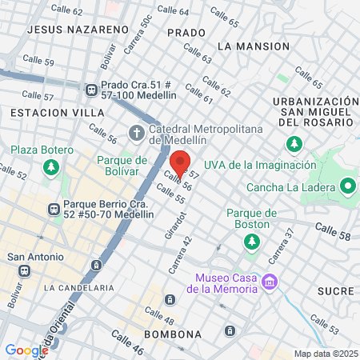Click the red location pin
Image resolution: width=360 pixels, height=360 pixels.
[x=180, y=163]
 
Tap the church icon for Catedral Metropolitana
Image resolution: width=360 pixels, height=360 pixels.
[x=137, y=131]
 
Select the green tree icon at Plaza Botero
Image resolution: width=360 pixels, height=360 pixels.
[x=52, y=166]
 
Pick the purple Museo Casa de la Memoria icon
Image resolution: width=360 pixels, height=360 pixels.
[x=271, y=282]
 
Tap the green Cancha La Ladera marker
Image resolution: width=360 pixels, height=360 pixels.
[x=347, y=187]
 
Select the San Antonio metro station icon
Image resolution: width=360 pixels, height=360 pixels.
[x=25, y=270]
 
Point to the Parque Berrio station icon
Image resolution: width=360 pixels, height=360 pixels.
[x=54, y=210]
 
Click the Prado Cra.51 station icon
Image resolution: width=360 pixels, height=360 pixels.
[x=92, y=90]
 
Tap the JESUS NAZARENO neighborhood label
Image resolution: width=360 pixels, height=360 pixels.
[x=78, y=29]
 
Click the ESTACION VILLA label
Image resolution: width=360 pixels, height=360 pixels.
[x=46, y=114]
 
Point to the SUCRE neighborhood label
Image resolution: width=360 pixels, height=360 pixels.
[x=334, y=290]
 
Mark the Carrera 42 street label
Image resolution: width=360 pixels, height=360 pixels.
[x=182, y=250]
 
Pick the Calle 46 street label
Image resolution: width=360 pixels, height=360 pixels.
[x=127, y=342]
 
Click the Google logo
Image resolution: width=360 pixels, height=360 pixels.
[x=26, y=350]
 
